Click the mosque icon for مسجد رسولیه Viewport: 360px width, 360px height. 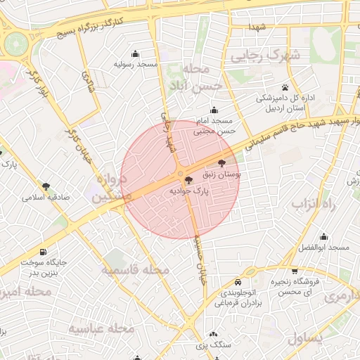coord(135,54)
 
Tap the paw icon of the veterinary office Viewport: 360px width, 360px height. coord(285,88)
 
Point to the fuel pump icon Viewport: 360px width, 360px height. coord(44,252)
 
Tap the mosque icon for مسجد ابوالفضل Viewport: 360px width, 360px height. coord(323,237)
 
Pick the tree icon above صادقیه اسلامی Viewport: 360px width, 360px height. coord(46,187)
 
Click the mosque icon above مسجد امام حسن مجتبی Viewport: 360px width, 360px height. coord(214,110)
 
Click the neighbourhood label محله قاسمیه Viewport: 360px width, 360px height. coord(135,270)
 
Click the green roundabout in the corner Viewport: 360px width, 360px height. coord(15,44)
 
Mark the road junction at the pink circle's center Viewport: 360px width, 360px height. coord(180,174)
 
